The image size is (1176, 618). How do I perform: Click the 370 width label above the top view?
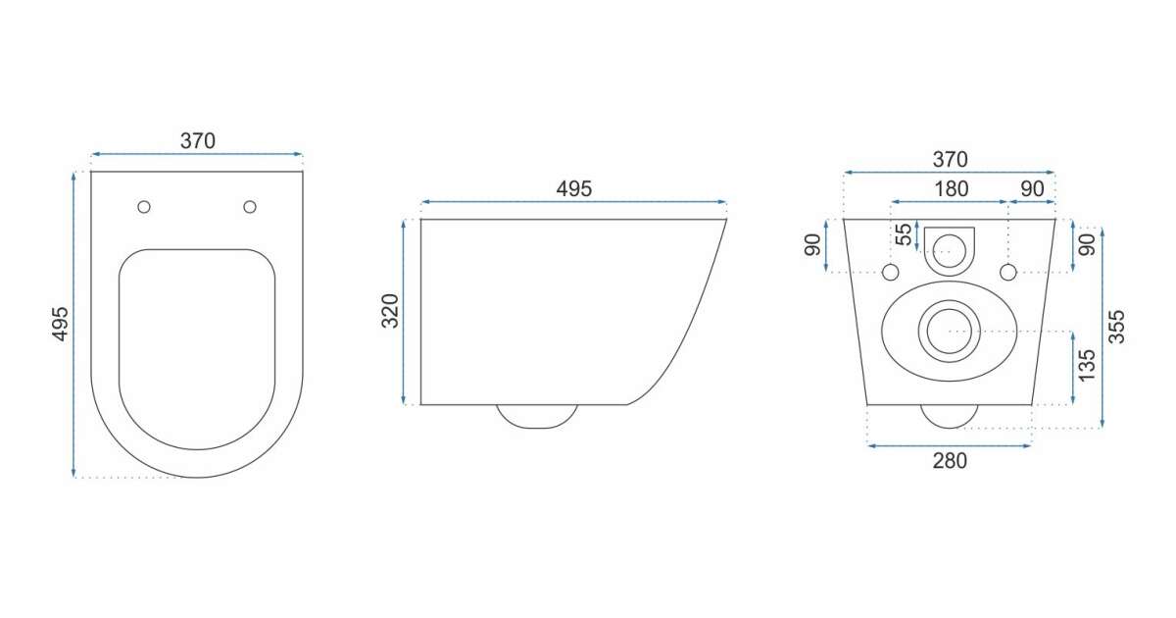[197, 141]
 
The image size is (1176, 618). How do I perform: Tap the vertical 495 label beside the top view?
[61, 324]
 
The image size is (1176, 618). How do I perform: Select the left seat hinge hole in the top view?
[144, 207]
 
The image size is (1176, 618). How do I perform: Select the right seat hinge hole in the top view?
[250, 207]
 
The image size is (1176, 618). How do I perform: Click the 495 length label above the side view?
[574, 188]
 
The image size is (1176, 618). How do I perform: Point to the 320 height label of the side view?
[390, 311]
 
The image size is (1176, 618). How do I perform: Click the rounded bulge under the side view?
[537, 416]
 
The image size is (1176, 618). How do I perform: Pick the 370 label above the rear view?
[950, 159]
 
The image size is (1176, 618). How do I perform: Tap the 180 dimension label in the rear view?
[951, 188]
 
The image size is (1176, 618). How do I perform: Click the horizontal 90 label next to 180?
[1032, 188]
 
